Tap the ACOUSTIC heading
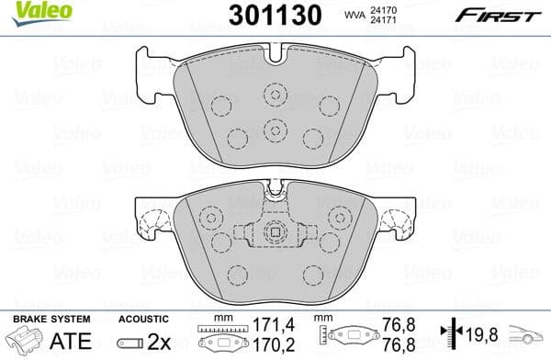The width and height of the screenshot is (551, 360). (x=142, y=318)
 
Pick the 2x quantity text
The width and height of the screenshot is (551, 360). (x=162, y=341)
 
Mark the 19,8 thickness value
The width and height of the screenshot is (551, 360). (x=484, y=332)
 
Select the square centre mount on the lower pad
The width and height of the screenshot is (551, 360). (x=272, y=233)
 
